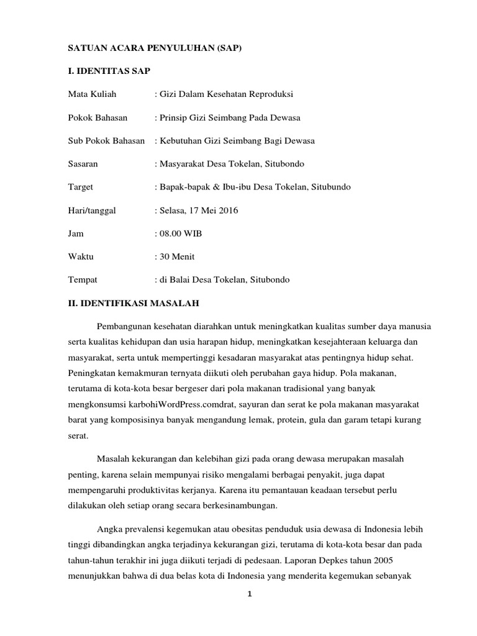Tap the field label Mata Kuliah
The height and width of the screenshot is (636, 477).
pyautogui.click(x=92, y=94)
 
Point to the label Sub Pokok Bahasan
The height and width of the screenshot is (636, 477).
pyautogui.click(x=106, y=141)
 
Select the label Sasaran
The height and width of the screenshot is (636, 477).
pyautogui.click(x=83, y=164)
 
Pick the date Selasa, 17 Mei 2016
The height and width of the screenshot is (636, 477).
pyautogui.click(x=198, y=211)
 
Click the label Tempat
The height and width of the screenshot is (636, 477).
pyautogui.click(x=82, y=279)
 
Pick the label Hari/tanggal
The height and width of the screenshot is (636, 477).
pyautogui.click(x=92, y=211)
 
